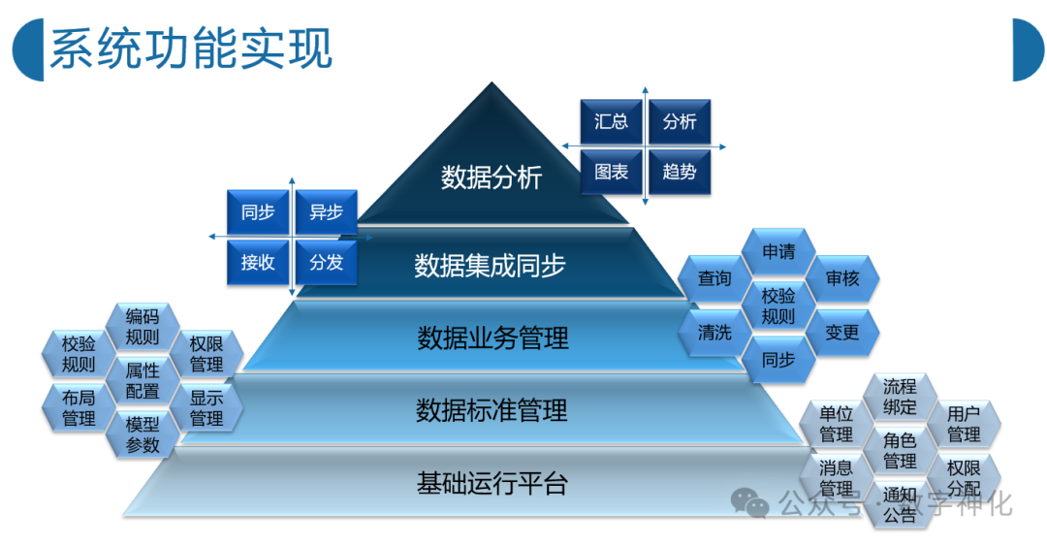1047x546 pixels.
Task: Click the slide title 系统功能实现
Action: coord(190,48)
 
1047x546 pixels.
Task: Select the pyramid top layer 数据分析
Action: coord(492,177)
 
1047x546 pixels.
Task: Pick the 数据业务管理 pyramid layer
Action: coord(492,338)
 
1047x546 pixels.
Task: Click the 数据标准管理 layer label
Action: coord(492,410)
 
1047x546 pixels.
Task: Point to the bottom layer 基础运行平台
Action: coord(492,482)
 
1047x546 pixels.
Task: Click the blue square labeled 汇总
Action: coord(611,122)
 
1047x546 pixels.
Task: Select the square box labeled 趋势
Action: coord(679,173)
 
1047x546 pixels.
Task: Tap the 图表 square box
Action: coord(611,173)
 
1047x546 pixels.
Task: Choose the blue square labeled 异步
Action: coord(326,212)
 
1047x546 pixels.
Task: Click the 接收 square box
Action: coord(258,262)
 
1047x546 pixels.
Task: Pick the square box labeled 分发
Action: coord(326,262)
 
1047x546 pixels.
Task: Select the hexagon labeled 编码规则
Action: coord(143,326)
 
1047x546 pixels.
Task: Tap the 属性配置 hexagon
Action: coord(143,380)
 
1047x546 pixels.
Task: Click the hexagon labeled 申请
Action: coord(777,252)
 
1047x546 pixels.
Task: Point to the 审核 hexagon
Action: coord(842,278)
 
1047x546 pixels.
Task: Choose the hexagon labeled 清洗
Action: coord(714,333)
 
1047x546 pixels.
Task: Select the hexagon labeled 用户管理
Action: coord(964,423)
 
